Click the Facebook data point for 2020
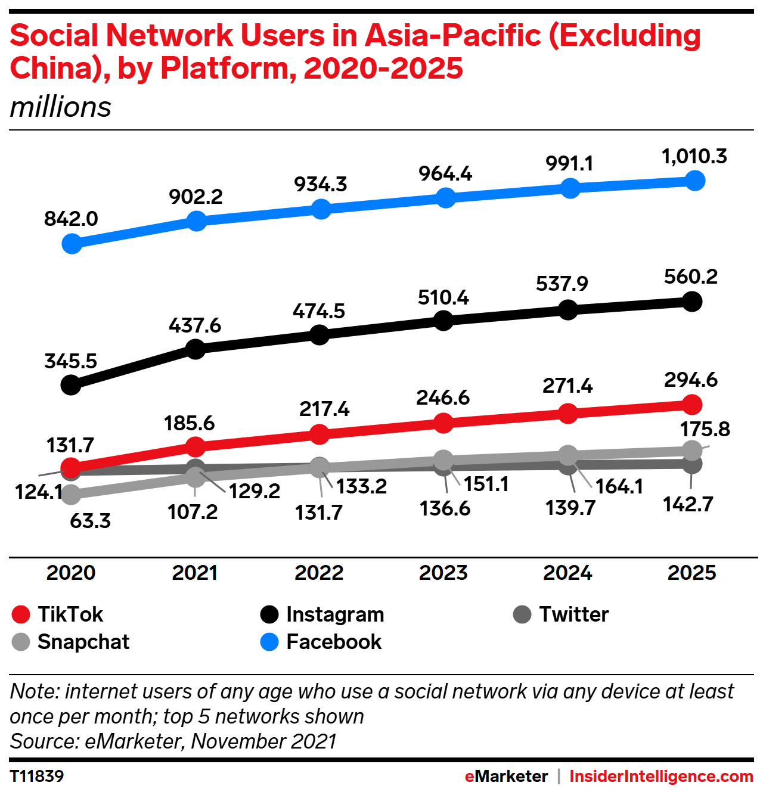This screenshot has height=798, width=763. click(72, 243)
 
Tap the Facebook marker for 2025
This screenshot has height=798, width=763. click(694, 180)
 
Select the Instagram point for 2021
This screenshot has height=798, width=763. click(196, 349)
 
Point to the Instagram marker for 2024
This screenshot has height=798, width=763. click(569, 310)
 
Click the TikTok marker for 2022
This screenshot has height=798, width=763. click(320, 434)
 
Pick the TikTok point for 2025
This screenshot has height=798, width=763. click(692, 405)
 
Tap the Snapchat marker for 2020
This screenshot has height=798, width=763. click(71, 493)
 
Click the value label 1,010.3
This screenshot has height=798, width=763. click(694, 156)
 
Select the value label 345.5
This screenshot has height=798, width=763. click(71, 361)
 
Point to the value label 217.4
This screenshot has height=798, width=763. click(324, 409)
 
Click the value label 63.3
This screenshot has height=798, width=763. click(90, 521)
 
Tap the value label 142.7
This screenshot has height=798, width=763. click(688, 505)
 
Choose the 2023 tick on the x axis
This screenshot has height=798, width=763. click(443, 573)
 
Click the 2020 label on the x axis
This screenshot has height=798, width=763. click(71, 573)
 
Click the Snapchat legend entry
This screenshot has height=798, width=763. click(71, 642)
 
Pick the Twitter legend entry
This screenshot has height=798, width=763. click(562, 614)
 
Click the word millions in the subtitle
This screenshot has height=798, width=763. click(61, 107)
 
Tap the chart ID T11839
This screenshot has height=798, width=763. click(37, 776)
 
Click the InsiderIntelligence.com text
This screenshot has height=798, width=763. click(661, 776)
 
